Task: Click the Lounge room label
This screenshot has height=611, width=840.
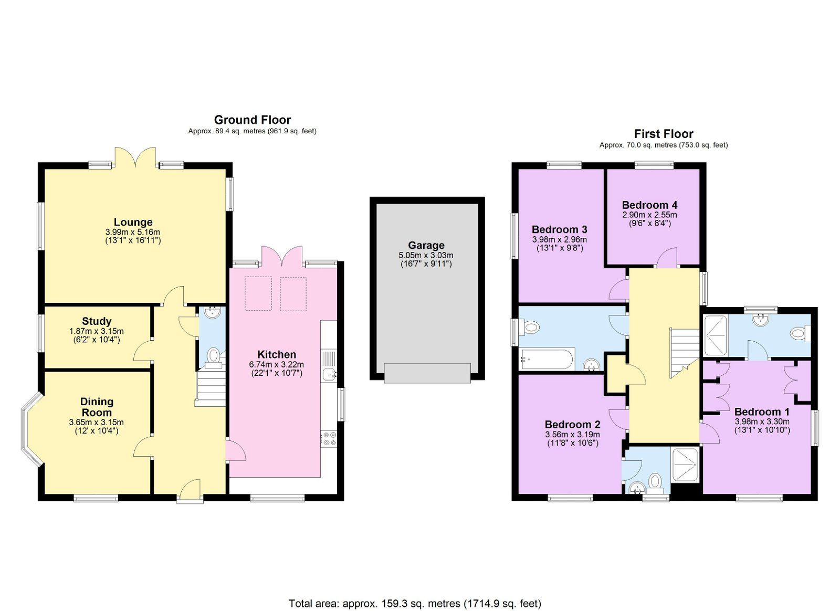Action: click(133, 222)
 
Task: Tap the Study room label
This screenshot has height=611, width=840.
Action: click(97, 321)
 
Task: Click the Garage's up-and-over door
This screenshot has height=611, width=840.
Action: click(427, 373)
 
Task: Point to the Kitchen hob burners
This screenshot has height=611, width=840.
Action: click(329, 439)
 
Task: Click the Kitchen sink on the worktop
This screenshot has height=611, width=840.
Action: click(329, 374)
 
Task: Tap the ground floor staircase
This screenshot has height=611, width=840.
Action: click(211, 387)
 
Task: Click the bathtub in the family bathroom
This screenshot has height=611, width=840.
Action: click(546, 360)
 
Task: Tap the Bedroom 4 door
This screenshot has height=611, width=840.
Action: click(667, 258)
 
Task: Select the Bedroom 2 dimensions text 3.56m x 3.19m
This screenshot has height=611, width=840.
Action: click(572, 435)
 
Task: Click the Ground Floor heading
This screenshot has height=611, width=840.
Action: click(252, 120)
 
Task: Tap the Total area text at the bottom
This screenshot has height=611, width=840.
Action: click(415, 603)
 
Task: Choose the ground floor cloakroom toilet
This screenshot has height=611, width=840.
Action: click(213, 355)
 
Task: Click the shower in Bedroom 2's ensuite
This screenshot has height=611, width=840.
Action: click(685, 464)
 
